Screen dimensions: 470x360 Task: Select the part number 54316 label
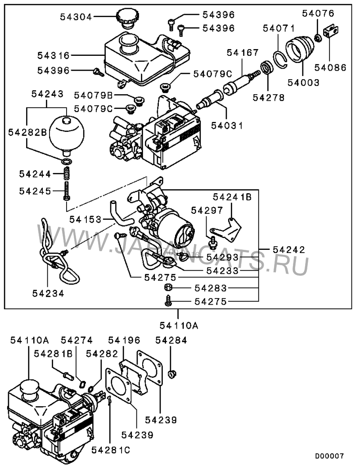[x=53, y=56]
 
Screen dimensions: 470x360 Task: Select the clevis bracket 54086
[x=330, y=32]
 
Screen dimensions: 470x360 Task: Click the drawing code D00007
[x=329, y=456]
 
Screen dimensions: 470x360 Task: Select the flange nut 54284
[x=171, y=373]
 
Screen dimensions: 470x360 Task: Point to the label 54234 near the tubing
[x=48, y=293]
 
